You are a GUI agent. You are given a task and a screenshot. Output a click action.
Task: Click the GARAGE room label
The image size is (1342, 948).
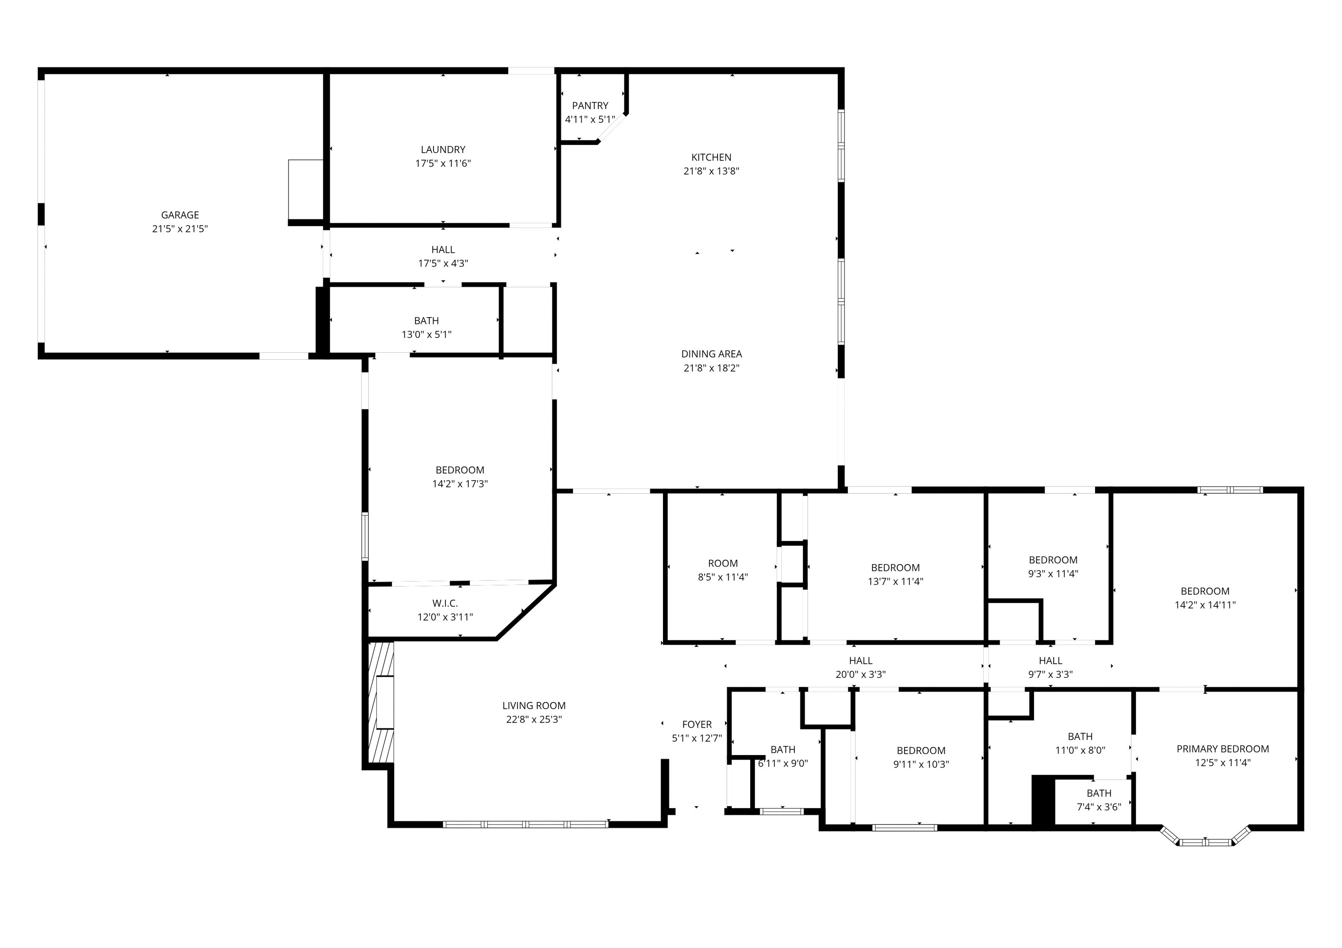180,215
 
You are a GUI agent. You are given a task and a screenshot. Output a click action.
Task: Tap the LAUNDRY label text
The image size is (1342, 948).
443,149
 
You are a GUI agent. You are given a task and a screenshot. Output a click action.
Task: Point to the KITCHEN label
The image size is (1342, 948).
711,157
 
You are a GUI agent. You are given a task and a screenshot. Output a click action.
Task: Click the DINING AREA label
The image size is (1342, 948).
711,354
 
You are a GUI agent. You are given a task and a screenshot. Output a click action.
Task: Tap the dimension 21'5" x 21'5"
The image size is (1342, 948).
180,228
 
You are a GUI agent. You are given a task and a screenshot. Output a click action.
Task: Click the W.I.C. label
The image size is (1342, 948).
445,603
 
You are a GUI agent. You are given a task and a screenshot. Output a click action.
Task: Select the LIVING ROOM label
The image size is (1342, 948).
534,705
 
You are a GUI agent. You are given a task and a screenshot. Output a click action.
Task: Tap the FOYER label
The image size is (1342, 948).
696,724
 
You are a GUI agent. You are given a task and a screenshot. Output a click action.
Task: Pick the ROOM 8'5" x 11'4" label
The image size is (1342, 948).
723,563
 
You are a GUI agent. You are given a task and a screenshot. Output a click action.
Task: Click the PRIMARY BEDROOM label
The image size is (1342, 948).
1222,748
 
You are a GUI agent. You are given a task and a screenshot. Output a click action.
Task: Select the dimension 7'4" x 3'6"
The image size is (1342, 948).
1098,807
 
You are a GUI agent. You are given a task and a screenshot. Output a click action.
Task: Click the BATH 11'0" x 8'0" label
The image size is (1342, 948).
1079,736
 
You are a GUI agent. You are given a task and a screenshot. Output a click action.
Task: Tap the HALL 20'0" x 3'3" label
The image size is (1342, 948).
861,660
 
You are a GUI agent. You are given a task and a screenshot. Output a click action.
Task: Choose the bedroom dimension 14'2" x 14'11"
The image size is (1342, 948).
1205,605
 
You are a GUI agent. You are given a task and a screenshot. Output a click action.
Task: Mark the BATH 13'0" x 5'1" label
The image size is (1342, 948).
426,320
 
